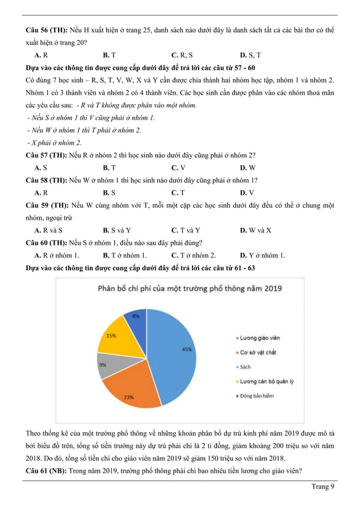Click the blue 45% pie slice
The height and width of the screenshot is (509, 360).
point(175,350)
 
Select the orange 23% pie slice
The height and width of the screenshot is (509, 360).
point(133,389)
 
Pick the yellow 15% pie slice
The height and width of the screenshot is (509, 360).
point(116,336)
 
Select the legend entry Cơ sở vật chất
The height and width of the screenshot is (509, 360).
point(257,353)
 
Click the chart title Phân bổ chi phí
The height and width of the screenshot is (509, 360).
point(190,288)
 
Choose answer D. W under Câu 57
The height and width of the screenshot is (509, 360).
point(248,168)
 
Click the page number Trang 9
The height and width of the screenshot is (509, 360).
point(323,487)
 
